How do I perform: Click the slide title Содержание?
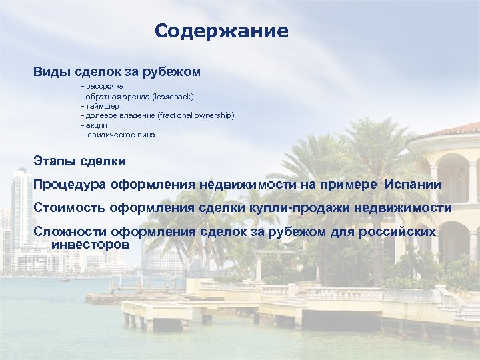click(x=221, y=31)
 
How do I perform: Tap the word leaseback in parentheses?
click(x=173, y=97)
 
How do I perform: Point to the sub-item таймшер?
click(x=101, y=106)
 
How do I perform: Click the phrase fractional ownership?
click(x=197, y=115)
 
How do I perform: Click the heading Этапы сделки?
click(x=79, y=161)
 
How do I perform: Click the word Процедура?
click(x=70, y=184)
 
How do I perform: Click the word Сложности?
click(x=71, y=232)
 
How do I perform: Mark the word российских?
click(x=397, y=232)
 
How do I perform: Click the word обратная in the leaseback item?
click(x=102, y=97)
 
